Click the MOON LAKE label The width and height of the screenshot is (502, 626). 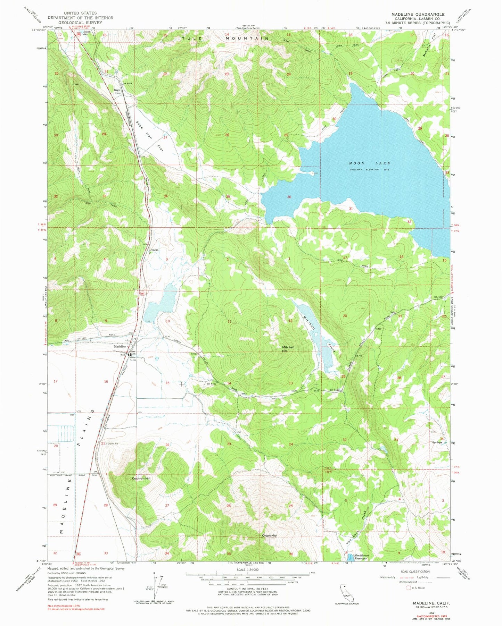pos(369,163)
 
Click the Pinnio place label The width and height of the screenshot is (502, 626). pos(154,250)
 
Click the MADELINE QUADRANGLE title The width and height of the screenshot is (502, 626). pos(418,14)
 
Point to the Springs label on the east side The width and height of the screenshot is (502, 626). pos(437,442)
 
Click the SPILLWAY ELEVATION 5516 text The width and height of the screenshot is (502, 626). pos(369,169)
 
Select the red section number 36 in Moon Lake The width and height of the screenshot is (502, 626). pos(289,197)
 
